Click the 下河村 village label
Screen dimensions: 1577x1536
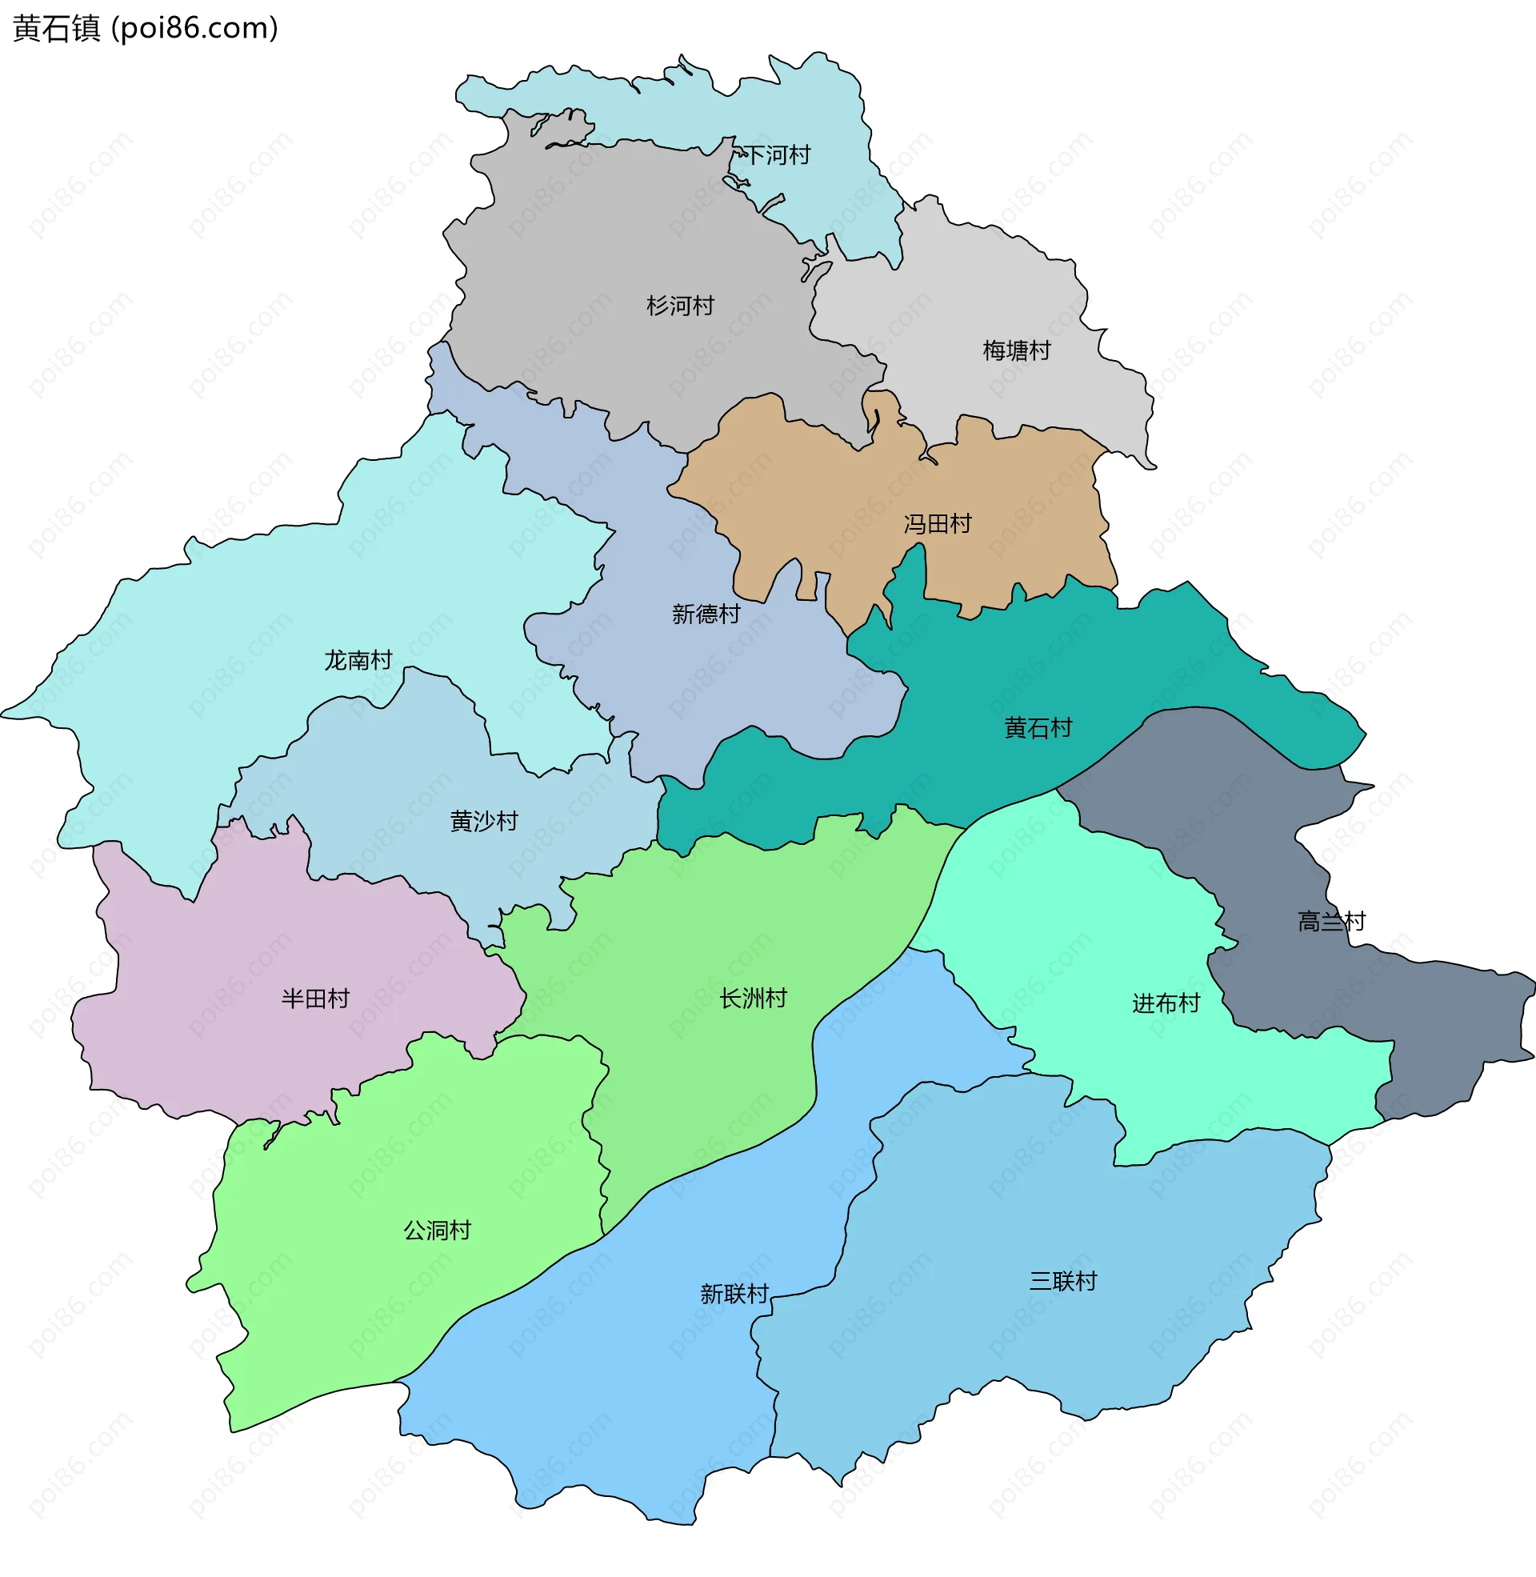[x=777, y=155]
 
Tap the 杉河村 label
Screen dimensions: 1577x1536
[x=680, y=306]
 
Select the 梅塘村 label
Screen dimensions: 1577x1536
[x=1017, y=351]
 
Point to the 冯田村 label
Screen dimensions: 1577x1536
[x=938, y=524]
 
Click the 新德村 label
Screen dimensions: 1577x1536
[x=706, y=614]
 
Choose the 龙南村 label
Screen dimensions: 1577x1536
[x=358, y=661]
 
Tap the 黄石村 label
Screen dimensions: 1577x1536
[x=1038, y=728]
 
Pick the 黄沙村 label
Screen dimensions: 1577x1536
[x=484, y=821]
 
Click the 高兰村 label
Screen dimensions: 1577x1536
[x=1331, y=921]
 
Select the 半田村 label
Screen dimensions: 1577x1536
[x=315, y=999]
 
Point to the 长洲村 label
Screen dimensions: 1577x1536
[x=753, y=999]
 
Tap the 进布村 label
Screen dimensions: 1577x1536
[x=1166, y=1003]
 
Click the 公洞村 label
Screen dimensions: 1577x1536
[x=438, y=1231]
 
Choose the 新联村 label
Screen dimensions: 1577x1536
[x=734, y=1295]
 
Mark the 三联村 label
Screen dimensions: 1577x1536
[x=1062, y=1282]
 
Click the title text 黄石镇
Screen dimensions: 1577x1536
[x=57, y=28]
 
